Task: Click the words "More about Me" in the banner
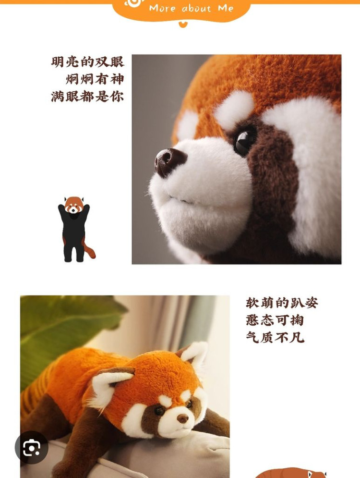191,8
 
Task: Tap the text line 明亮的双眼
88,62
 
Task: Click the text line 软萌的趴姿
282,303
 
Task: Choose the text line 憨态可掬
275,320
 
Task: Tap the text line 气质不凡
275,338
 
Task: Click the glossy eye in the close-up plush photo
245,141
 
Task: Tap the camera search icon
31,448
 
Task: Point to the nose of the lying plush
182,418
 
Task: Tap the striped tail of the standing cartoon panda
89,249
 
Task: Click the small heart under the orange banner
183,24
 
